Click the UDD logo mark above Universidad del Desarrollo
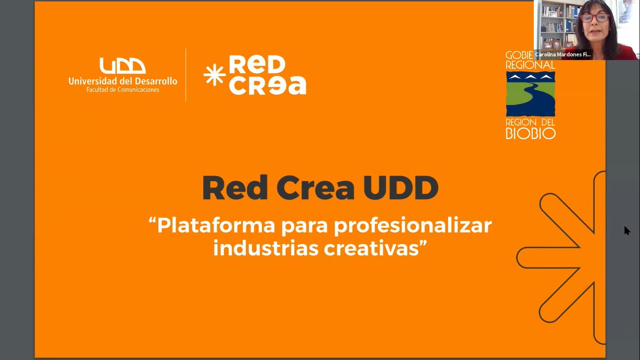coord(123,66)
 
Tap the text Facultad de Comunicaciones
coord(123,90)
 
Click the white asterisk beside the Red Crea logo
coord(214,75)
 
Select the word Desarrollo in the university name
coord(156,81)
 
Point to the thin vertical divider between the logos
coord(186,75)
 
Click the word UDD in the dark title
coord(401,188)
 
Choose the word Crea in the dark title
coord(315,188)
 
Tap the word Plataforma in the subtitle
coord(216,225)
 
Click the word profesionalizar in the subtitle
coord(413,226)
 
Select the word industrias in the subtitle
coord(266,247)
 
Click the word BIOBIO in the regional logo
coord(530,134)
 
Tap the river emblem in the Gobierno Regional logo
coord(530,94)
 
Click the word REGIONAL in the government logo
coord(530,65)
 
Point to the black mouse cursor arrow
coord(627,231)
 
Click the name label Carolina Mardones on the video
coord(563,54)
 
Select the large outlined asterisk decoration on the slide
coord(561,258)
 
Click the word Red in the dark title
coord(235,188)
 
